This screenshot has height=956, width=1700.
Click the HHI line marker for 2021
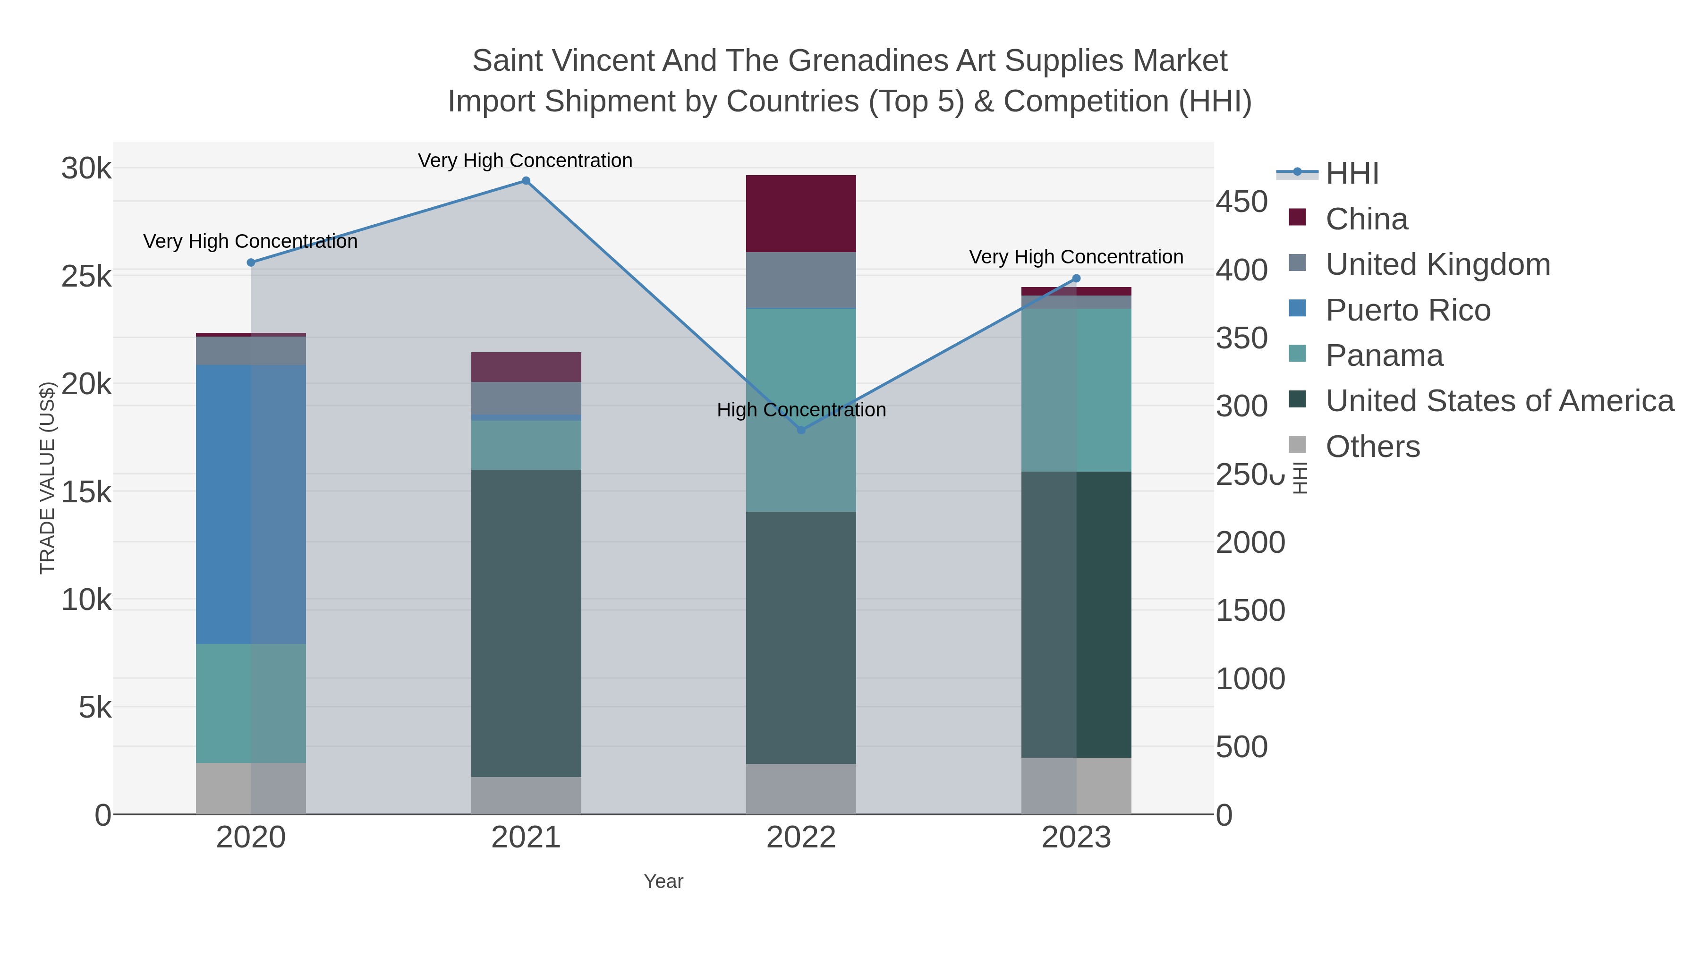point(526,181)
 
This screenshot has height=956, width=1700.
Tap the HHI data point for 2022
point(801,430)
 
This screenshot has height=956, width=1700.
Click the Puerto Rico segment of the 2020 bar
point(251,504)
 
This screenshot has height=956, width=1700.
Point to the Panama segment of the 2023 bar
point(1076,390)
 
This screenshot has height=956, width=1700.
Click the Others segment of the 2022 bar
point(801,789)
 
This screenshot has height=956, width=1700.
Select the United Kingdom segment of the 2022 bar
point(801,280)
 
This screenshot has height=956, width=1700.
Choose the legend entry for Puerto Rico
point(1408,310)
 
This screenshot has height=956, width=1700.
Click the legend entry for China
point(1366,219)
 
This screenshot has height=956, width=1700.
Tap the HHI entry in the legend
point(1351,174)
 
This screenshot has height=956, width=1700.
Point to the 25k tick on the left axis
point(86,277)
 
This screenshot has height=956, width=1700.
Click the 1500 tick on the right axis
point(1250,611)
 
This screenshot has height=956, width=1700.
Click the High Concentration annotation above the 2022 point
point(801,410)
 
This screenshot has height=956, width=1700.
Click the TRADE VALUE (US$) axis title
point(48,478)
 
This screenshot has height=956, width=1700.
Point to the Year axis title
point(663,881)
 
